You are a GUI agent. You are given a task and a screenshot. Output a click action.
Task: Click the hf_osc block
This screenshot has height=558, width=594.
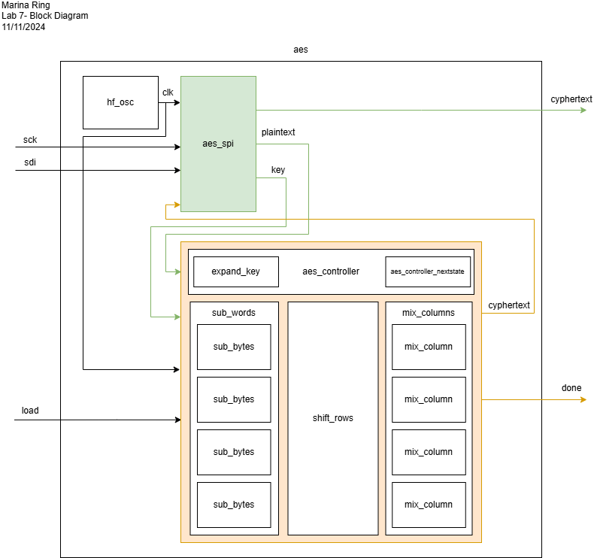120,102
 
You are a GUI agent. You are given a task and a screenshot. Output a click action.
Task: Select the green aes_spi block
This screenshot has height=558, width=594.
218,144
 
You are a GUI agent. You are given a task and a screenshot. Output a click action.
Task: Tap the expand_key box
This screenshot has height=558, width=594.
235,271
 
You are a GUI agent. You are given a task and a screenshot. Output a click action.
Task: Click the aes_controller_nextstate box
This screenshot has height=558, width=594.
428,271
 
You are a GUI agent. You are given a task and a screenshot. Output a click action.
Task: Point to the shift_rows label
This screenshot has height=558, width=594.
332,418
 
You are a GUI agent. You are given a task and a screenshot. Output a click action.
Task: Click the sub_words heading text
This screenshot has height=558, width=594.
234,313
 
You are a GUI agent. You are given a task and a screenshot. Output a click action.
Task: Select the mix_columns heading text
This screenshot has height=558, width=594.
429,313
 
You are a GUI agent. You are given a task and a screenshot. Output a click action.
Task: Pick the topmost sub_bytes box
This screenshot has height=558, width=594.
234,347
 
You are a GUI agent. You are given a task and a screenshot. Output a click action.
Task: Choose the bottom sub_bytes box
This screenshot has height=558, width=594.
234,505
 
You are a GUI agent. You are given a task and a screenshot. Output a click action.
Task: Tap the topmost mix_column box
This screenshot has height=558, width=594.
429,347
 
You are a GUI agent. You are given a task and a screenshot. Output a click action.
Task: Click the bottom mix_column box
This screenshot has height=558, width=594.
429,505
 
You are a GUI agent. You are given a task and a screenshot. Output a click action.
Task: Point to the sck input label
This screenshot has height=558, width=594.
30,140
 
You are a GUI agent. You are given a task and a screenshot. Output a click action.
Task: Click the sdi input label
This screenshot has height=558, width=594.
30,162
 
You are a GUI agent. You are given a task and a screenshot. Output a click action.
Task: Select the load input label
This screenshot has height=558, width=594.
30,411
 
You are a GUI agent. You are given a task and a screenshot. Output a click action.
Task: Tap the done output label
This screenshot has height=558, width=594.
571,388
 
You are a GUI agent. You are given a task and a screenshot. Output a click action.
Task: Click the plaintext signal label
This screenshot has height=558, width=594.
278,132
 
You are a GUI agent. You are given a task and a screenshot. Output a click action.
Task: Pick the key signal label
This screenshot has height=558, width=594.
278,170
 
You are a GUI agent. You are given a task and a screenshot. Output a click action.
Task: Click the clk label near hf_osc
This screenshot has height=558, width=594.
168,92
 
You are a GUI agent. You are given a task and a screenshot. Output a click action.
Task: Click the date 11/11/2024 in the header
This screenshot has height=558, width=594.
23,27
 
